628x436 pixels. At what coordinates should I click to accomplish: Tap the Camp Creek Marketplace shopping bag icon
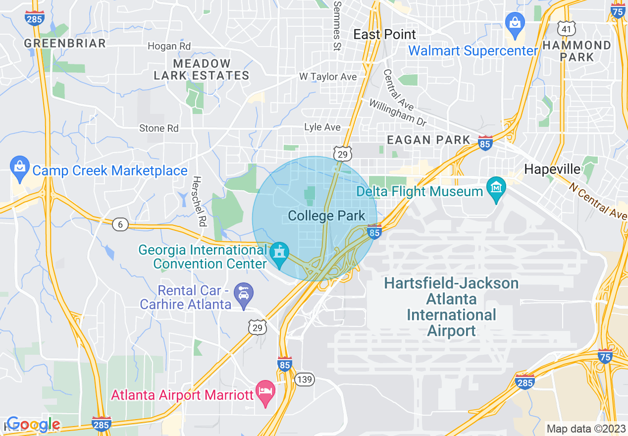(20, 167)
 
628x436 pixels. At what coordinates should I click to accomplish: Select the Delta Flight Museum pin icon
(495, 188)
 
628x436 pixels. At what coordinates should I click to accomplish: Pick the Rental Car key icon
(244, 294)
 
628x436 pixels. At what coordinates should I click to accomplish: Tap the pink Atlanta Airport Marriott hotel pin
(265, 392)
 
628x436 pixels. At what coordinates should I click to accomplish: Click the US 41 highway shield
(566, 29)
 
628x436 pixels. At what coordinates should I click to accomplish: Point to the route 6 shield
(120, 225)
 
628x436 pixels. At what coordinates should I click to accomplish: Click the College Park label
(326, 216)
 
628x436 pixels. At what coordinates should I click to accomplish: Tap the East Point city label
(384, 35)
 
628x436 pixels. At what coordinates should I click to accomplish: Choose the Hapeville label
(552, 169)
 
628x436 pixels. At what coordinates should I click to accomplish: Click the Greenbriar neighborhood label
(65, 44)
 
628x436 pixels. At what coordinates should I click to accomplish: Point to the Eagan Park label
(428, 140)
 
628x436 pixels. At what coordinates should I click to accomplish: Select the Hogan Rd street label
(169, 46)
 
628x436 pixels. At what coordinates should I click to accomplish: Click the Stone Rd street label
(158, 128)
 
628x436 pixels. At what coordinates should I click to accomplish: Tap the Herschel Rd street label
(199, 201)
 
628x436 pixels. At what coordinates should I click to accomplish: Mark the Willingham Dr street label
(398, 111)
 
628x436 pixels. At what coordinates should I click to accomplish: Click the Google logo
(33, 424)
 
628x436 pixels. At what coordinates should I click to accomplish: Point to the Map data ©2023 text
(585, 429)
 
